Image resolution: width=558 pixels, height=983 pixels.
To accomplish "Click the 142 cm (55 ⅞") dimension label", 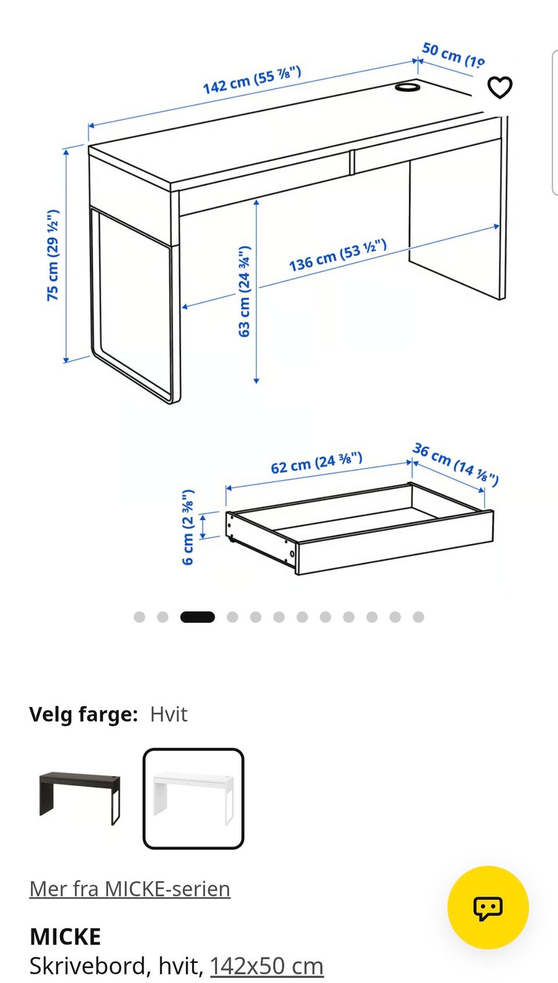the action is click(252, 80).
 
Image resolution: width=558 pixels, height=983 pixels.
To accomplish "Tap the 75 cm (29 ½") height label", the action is click(53, 255).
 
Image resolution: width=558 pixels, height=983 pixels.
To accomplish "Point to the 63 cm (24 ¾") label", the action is click(244, 291).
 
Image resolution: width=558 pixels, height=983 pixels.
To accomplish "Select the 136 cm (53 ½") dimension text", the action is click(338, 255).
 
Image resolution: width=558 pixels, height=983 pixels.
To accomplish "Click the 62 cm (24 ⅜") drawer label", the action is click(316, 463).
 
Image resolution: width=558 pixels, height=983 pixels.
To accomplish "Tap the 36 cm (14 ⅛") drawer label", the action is click(456, 464).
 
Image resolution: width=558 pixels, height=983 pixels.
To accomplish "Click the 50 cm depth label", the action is click(453, 55).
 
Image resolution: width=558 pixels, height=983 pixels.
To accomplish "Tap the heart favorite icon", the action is click(500, 87).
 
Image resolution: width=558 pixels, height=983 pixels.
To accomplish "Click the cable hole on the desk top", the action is click(407, 87).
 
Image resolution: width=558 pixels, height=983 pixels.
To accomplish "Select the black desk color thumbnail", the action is click(80, 798).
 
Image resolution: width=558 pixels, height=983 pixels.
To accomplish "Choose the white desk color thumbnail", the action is click(194, 798).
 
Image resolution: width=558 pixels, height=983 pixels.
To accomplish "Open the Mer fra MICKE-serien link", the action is click(130, 889).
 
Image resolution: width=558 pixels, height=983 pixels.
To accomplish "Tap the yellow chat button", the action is click(488, 907).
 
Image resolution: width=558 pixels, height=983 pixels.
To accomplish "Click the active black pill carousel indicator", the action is click(198, 617).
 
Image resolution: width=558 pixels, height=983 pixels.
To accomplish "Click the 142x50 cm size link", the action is click(267, 966).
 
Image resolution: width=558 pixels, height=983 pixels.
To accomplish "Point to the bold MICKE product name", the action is click(65, 936).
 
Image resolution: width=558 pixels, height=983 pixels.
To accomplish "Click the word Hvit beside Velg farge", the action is click(169, 714).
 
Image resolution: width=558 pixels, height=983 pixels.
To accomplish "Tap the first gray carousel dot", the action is click(139, 617).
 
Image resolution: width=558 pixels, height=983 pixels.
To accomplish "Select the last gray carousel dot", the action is click(419, 617).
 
